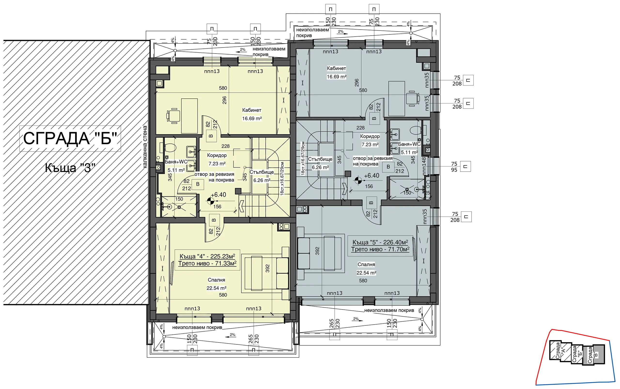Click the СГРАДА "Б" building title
[70, 139]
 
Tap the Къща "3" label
[70, 168]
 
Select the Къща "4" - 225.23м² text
[207, 256]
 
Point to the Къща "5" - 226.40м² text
[380, 242]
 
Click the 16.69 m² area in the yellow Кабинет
[252, 119]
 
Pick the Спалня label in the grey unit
[366, 264]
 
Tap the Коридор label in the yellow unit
[217, 155]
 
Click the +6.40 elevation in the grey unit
[372, 176]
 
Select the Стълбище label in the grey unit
[320, 159]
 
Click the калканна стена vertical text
[145, 147]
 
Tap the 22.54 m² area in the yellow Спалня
[217, 288]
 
